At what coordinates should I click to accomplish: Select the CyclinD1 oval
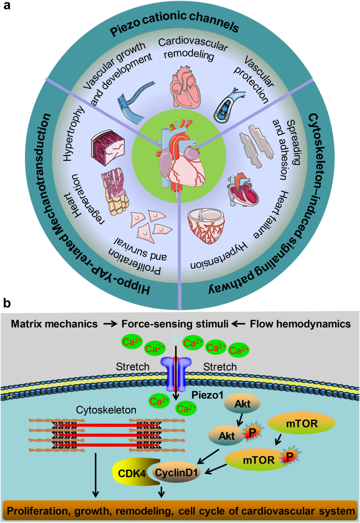[176, 473]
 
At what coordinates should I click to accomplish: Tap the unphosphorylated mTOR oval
[301, 424]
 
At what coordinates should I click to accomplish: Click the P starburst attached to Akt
[252, 432]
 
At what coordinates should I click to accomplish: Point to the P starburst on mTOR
[289, 456]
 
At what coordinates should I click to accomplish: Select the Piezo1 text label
[207, 395]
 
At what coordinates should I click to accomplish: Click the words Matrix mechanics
[54, 324]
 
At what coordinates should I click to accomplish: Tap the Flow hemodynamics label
[300, 324]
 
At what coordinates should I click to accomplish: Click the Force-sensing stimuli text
[175, 324]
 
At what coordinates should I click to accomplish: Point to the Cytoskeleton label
[106, 410]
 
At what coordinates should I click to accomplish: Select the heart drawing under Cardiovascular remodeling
[185, 85]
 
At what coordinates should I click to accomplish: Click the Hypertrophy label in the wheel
[73, 133]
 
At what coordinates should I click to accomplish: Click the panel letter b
[7, 303]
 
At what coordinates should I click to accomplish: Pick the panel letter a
[7, 6]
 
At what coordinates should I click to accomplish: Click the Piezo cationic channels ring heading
[175, 24]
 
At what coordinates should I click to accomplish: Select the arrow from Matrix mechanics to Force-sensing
[110, 324]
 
